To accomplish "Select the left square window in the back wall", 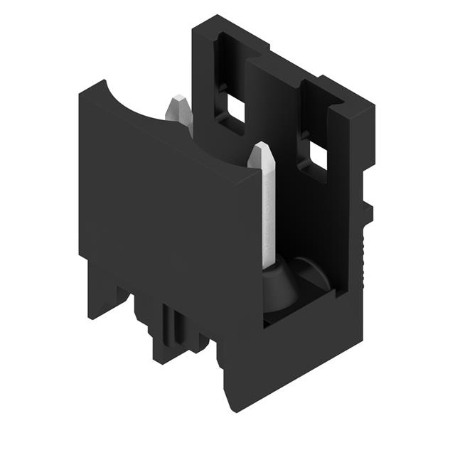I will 234,109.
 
